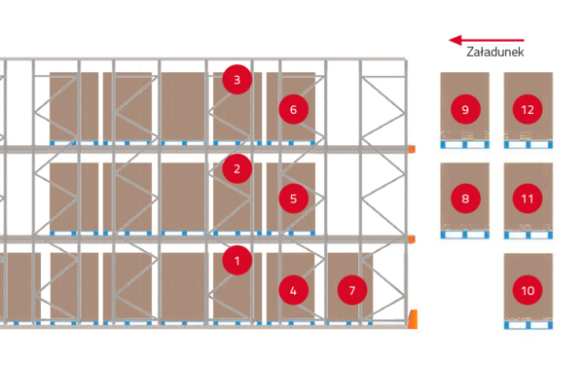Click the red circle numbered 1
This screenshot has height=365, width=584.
[237, 260]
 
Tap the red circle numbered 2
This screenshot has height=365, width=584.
[237, 168]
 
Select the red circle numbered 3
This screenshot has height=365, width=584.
[237, 80]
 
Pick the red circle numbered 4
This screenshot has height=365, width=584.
[294, 290]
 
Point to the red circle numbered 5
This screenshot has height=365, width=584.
[294, 199]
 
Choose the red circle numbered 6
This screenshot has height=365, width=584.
[294, 109]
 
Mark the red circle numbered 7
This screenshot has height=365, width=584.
[352, 290]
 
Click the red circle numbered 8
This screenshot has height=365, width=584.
[465, 199]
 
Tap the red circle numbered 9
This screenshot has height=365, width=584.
[465, 109]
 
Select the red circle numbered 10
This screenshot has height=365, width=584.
[528, 290]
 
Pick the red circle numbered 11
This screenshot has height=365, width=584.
[528, 199]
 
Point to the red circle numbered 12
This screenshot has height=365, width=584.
[528, 109]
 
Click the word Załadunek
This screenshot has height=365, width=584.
[495, 52]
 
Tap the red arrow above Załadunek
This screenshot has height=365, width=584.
[487, 40]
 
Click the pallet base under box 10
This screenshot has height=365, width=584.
[529, 325]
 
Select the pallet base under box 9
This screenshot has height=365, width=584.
[465, 144]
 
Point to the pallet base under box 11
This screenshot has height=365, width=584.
[529, 235]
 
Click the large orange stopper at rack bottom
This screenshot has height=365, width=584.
[413, 319]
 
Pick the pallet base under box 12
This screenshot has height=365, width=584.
[529, 144]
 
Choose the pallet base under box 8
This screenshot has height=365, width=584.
[465, 235]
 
